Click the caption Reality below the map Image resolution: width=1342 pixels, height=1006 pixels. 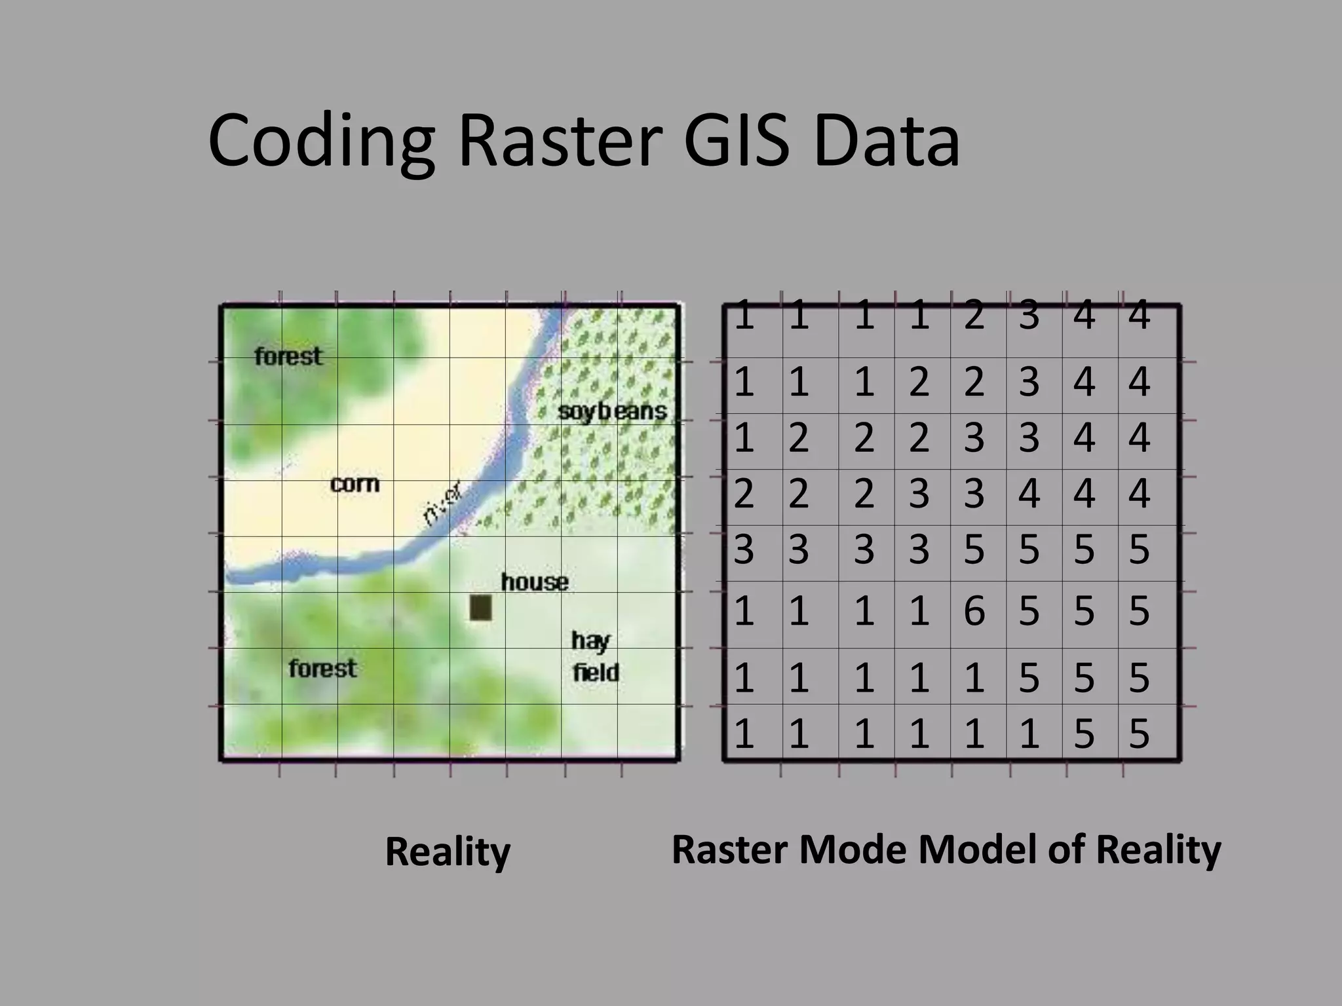pos(448,851)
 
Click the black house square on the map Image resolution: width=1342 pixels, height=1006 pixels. pos(480,607)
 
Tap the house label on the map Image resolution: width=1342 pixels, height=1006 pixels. pos(535,582)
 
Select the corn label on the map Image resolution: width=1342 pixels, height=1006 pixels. pos(355,484)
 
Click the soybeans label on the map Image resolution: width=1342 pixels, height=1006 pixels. pos(612,411)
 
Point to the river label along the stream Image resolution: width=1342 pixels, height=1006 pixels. pos(443,503)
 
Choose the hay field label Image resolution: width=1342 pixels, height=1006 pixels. pos(594,657)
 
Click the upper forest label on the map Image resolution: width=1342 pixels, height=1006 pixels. pos(288,356)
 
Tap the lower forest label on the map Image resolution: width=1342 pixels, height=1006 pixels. pos(323,669)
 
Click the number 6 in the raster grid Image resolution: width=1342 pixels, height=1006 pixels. pos(974,611)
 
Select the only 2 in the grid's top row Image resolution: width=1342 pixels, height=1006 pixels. pos(974,316)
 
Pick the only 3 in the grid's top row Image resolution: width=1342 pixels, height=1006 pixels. pos(1029,316)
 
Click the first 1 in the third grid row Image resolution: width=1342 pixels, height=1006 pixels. pos(744,438)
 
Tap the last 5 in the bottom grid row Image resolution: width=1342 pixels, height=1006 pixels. pos(1139,734)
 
